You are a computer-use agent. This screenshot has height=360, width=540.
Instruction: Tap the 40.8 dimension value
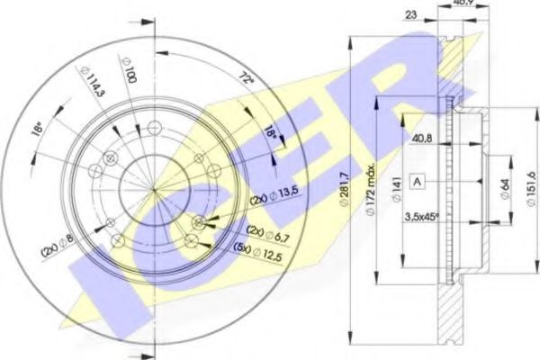click(422, 139)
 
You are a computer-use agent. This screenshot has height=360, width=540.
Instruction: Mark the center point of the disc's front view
click(156, 190)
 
